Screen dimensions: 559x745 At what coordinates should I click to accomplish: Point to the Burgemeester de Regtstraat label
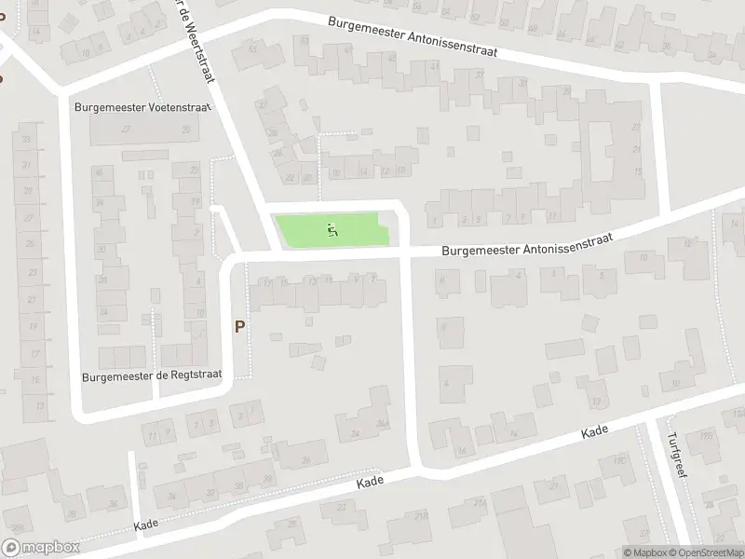[x=153, y=375]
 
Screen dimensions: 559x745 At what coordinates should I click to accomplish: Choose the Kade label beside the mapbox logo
[x=146, y=525]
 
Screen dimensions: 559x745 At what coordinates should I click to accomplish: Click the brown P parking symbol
[x=240, y=327]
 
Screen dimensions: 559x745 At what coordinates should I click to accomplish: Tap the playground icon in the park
[x=332, y=228]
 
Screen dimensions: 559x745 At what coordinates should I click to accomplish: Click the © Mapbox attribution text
[x=643, y=552]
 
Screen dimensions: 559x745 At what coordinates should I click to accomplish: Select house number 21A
[x=480, y=504]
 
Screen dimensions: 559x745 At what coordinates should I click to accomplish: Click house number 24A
[x=381, y=422]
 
